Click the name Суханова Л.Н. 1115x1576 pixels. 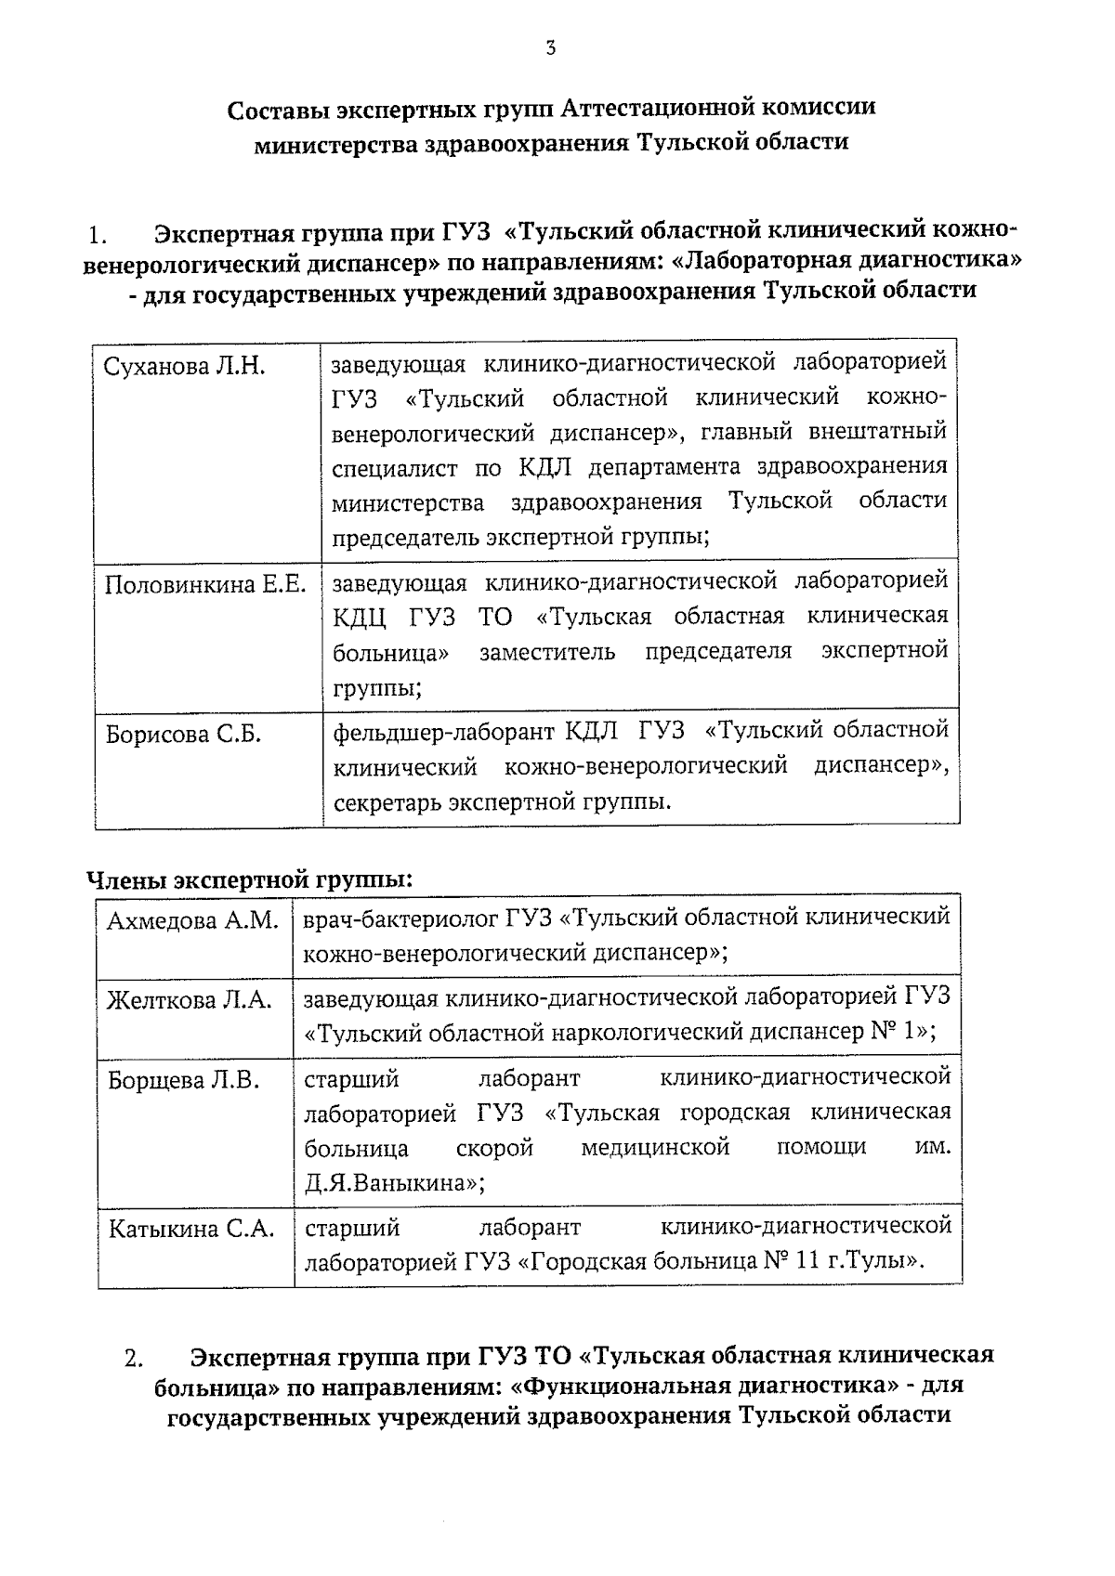click(x=184, y=366)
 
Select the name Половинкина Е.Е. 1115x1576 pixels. click(x=204, y=584)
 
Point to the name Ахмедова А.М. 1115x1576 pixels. click(x=192, y=920)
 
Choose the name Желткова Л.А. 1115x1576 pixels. click(x=190, y=1000)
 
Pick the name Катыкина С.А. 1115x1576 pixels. click(x=191, y=1229)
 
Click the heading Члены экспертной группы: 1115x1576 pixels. click(x=249, y=879)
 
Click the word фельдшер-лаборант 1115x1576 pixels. click(x=443, y=731)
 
